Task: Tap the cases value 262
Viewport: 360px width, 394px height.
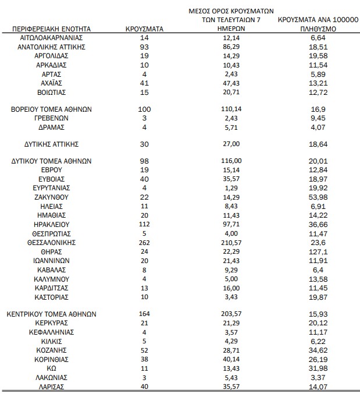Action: (x=145, y=242)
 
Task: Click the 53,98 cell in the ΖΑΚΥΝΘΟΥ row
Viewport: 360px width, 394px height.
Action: (x=317, y=197)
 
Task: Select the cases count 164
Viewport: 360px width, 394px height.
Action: (x=145, y=314)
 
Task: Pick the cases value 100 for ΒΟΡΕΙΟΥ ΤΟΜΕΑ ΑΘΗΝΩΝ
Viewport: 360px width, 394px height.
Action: (x=145, y=109)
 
